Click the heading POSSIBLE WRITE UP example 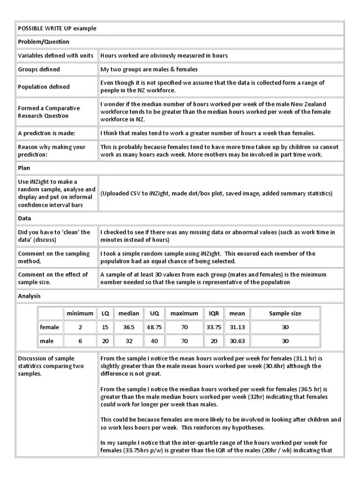(x=57, y=28)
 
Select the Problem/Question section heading (x=44, y=42)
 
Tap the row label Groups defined (x=39, y=69)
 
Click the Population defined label (x=44, y=87)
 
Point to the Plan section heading (x=24, y=168)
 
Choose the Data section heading (x=24, y=218)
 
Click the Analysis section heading (x=30, y=296)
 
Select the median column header (x=128, y=313)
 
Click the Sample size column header (x=285, y=313)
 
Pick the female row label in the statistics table (x=49, y=327)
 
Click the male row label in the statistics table (x=47, y=341)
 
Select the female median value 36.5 (x=128, y=327)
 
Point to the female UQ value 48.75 (x=154, y=327)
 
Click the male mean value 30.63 (x=237, y=341)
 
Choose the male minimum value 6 (x=80, y=341)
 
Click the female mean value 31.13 (x=237, y=327)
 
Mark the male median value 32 (x=128, y=341)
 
